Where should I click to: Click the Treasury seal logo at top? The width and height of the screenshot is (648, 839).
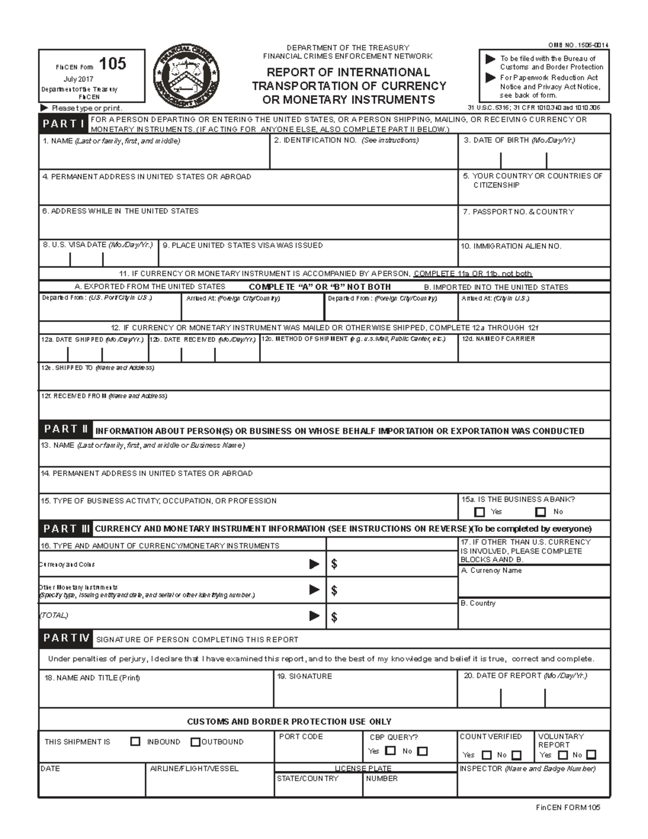click(x=186, y=76)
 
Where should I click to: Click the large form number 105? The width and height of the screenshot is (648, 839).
click(x=113, y=64)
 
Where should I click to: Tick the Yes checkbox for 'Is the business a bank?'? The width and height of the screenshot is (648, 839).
click(x=479, y=512)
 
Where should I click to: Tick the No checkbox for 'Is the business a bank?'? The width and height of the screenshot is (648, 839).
click(x=541, y=512)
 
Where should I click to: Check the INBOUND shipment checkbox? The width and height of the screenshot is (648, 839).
click(x=136, y=742)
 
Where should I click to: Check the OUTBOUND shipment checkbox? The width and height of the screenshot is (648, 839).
click(x=195, y=742)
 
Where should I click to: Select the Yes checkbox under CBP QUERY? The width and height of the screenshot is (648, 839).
click(x=391, y=751)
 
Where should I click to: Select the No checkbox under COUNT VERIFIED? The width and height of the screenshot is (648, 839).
click(x=517, y=755)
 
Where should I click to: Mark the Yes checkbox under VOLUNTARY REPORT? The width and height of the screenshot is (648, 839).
click(x=563, y=755)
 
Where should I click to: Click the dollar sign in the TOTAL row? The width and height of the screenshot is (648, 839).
click(x=334, y=617)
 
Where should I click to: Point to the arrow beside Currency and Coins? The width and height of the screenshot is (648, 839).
click(x=314, y=564)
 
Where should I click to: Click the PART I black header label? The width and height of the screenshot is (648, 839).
click(x=64, y=124)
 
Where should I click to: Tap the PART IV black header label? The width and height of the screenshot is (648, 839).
click(x=66, y=638)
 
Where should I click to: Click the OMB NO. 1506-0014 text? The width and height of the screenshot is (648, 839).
click(x=578, y=45)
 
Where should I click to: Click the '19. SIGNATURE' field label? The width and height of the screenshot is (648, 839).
click(x=305, y=676)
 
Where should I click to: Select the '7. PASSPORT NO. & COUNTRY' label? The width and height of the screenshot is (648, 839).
click(x=518, y=212)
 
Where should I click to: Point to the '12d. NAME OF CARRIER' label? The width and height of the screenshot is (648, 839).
click(x=498, y=339)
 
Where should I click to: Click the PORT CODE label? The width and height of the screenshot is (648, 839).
click(x=301, y=736)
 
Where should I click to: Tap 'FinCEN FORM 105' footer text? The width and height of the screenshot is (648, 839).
click(x=568, y=808)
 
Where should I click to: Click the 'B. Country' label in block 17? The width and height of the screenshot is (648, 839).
click(x=478, y=603)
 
